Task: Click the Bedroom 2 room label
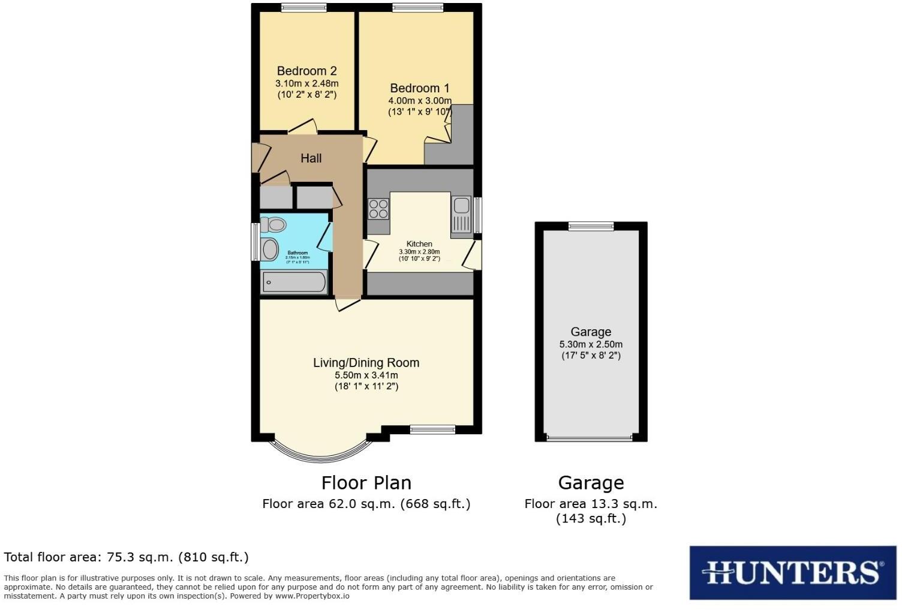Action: pyautogui.click(x=306, y=71)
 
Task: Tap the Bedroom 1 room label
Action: pyautogui.click(x=419, y=88)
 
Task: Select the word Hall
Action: pyautogui.click(x=311, y=158)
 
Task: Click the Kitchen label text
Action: pyautogui.click(x=419, y=244)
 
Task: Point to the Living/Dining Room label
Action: pyautogui.click(x=366, y=363)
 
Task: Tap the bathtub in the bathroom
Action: pyautogui.click(x=294, y=282)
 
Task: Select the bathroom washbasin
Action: pyautogui.click(x=269, y=250)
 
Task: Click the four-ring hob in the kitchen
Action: pyautogui.click(x=378, y=209)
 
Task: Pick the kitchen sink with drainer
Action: pyautogui.click(x=461, y=214)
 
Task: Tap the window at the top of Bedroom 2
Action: pyautogui.click(x=304, y=8)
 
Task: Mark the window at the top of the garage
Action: pyautogui.click(x=591, y=226)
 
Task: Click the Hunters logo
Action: pyautogui.click(x=792, y=572)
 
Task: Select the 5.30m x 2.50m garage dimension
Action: pyautogui.click(x=591, y=345)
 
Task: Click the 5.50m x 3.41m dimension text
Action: pyautogui.click(x=366, y=375)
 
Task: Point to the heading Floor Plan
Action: pyautogui.click(x=366, y=483)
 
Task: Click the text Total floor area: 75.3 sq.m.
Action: pyautogui.click(x=126, y=557)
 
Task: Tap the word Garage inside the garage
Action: pyautogui.click(x=591, y=332)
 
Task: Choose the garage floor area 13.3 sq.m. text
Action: pyautogui.click(x=591, y=504)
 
